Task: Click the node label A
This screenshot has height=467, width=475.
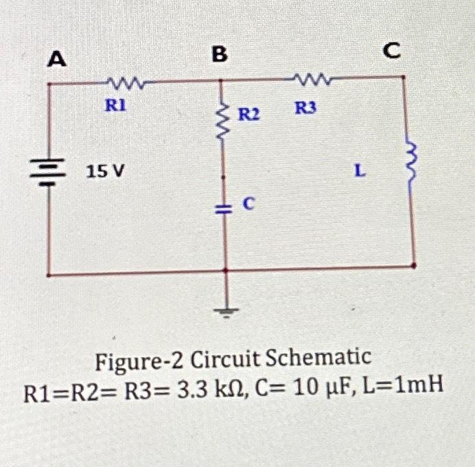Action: [x=56, y=61]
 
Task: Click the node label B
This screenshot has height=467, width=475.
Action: [x=218, y=55]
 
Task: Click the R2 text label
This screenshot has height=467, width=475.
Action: [x=248, y=113]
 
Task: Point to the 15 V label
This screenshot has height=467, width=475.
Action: [x=105, y=170]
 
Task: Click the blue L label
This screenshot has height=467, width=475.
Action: [x=358, y=170]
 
